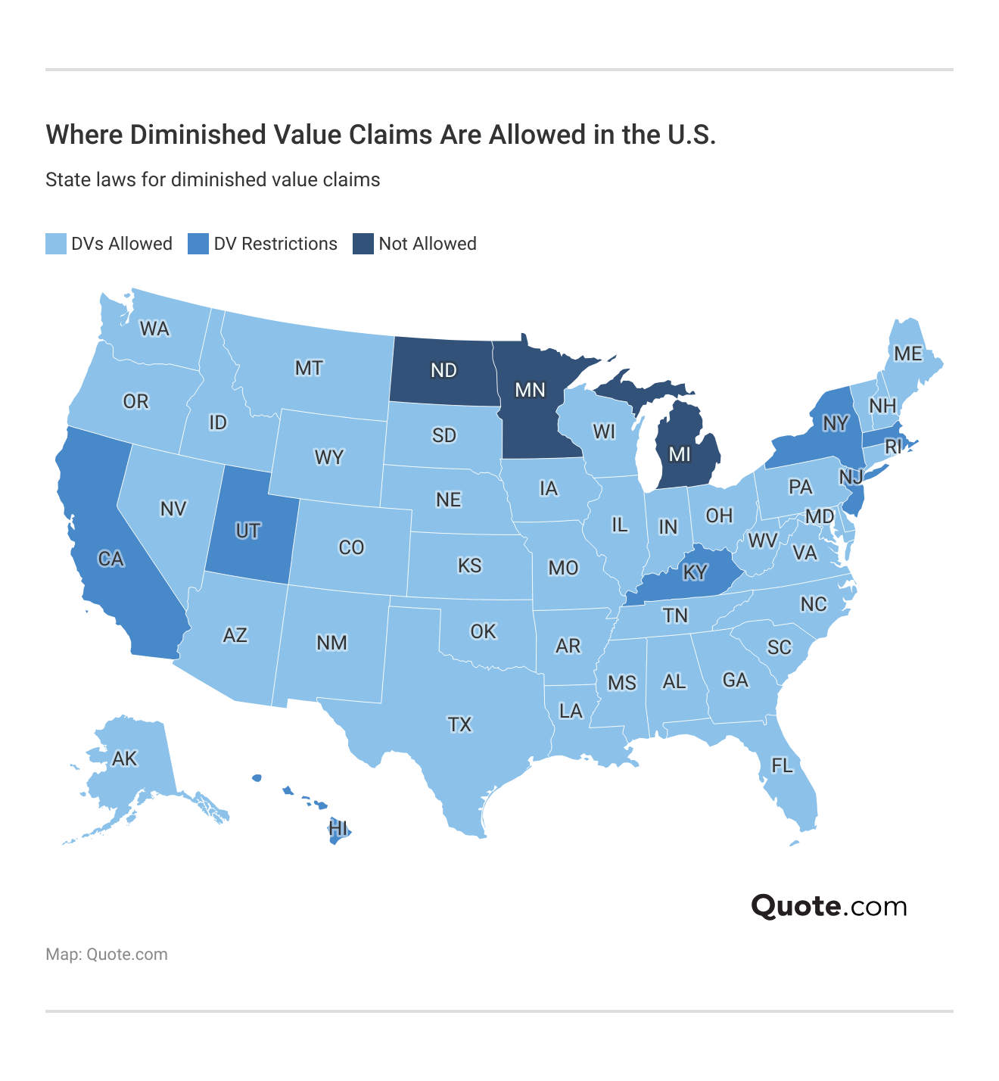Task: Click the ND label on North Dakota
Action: click(444, 370)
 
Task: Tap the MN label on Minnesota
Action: click(530, 390)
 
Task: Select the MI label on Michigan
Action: click(680, 454)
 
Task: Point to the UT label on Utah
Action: click(247, 531)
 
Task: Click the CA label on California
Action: click(110, 559)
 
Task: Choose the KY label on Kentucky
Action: click(695, 573)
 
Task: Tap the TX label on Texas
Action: click(459, 725)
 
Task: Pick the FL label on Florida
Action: click(782, 766)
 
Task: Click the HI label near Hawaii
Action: click(338, 828)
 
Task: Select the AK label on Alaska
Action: click(124, 759)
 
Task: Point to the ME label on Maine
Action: click(907, 354)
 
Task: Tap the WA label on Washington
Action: click(154, 329)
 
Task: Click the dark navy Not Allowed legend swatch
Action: click(363, 244)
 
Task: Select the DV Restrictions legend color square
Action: click(198, 244)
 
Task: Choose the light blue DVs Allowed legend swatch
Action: click(56, 244)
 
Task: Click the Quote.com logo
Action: click(829, 906)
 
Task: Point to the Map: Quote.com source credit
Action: click(107, 955)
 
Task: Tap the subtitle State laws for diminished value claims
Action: click(213, 180)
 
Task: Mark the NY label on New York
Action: click(835, 423)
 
